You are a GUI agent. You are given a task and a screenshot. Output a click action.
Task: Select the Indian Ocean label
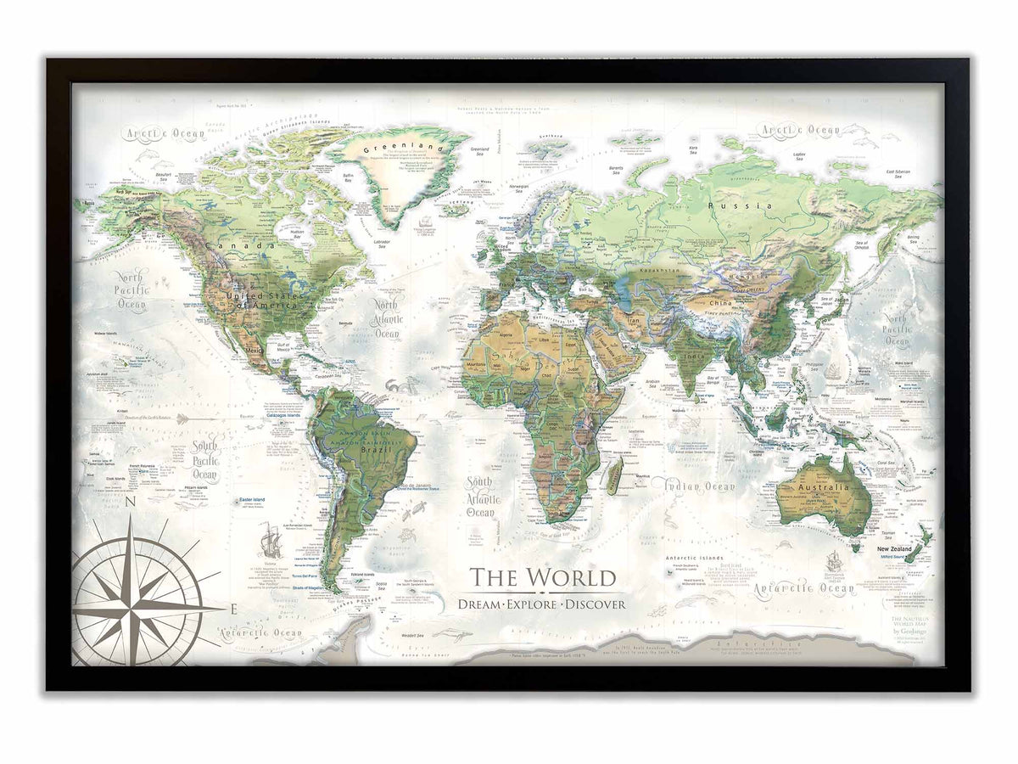point(700,486)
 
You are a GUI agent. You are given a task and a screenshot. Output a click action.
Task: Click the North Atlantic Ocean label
point(387,319)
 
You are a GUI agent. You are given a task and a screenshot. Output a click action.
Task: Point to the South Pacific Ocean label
point(204,460)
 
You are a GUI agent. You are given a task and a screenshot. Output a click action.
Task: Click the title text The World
point(543,578)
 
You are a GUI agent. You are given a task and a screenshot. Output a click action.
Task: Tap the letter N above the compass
point(131,503)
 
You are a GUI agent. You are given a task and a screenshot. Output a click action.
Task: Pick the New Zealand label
point(894,549)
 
